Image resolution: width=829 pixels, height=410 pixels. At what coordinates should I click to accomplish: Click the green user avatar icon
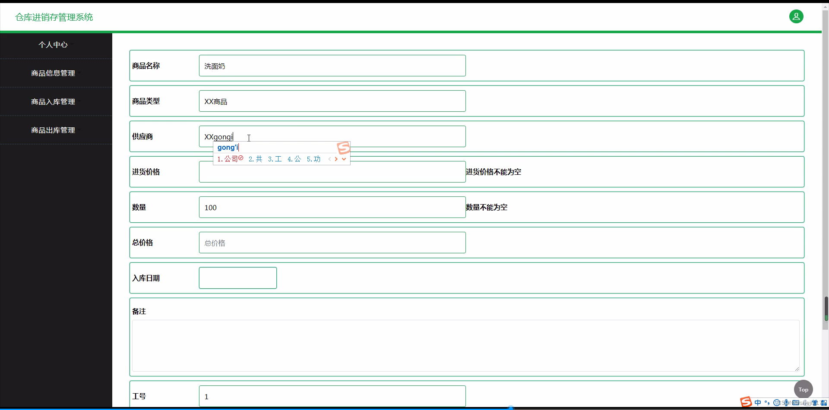coord(796,16)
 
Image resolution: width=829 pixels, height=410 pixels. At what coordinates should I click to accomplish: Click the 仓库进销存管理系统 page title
coord(54,17)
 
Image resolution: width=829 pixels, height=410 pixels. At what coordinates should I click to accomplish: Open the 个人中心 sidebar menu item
coord(53,45)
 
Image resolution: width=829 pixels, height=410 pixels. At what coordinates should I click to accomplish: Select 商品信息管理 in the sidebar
coord(53,73)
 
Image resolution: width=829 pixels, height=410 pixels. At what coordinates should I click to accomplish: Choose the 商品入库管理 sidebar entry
coord(53,102)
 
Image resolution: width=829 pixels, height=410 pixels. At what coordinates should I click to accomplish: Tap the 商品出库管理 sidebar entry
coord(53,130)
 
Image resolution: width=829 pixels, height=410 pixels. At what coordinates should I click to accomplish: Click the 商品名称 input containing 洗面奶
coord(332,66)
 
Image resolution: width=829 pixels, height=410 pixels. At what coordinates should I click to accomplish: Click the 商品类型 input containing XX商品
coord(332,101)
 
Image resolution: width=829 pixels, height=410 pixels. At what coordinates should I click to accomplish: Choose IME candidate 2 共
coord(256,159)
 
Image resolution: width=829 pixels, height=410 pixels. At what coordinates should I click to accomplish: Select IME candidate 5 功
coord(314,159)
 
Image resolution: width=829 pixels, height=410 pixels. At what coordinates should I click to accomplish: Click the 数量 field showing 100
coord(332,207)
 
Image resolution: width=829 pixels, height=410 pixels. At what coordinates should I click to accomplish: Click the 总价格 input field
coord(332,243)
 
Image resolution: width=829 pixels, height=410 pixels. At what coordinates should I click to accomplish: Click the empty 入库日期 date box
coord(237,278)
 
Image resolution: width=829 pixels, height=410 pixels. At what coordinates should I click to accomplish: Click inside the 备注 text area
coord(465,345)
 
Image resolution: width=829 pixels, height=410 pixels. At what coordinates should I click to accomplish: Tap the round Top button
coord(803,389)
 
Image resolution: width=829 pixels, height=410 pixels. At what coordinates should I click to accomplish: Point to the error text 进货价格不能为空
coord(494,172)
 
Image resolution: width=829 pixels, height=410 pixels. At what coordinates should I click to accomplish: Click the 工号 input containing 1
coord(332,396)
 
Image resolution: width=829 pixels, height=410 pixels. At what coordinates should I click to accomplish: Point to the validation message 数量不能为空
coord(487,207)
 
